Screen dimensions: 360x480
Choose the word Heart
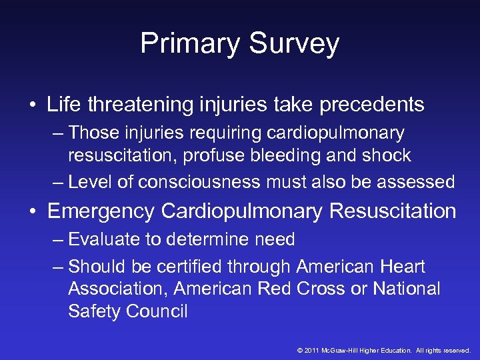tap(403, 267)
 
